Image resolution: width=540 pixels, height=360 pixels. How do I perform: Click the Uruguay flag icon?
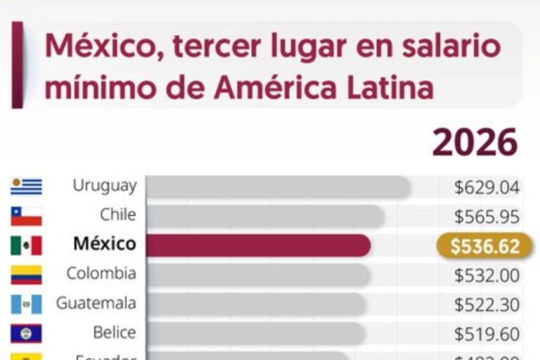[x=26, y=186]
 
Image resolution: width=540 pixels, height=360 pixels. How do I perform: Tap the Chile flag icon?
[x=26, y=215]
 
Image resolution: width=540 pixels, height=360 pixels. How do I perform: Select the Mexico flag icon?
[x=26, y=245]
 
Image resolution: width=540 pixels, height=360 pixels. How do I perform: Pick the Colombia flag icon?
[x=26, y=274]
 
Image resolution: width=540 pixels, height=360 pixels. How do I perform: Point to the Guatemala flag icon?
[x=26, y=304]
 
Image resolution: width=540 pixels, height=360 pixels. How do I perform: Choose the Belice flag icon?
[x=26, y=333]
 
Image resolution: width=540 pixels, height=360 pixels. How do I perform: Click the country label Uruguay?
[x=104, y=186]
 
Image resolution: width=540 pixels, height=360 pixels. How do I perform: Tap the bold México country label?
[x=105, y=244]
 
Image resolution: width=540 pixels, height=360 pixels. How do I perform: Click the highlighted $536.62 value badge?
[x=484, y=246]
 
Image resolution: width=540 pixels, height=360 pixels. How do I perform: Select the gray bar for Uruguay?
[x=278, y=187]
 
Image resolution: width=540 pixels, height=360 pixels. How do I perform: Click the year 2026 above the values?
[x=475, y=143]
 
